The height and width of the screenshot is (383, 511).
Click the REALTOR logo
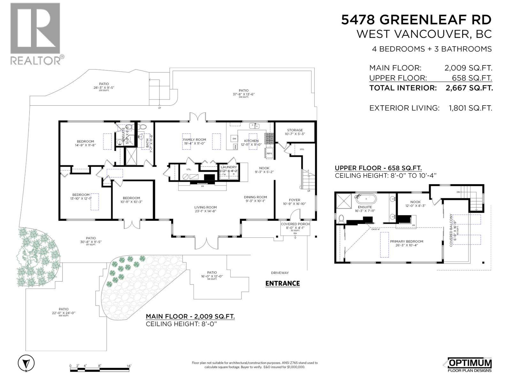[35, 34]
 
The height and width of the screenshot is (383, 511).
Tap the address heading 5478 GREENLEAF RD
[416, 20]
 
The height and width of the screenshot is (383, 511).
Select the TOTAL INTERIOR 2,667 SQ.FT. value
[469, 88]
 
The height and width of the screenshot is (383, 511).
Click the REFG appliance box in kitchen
[269, 154]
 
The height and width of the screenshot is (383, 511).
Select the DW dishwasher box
[234, 139]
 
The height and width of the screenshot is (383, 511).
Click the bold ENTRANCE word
[283, 283]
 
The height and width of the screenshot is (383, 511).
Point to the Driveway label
[280, 273]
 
